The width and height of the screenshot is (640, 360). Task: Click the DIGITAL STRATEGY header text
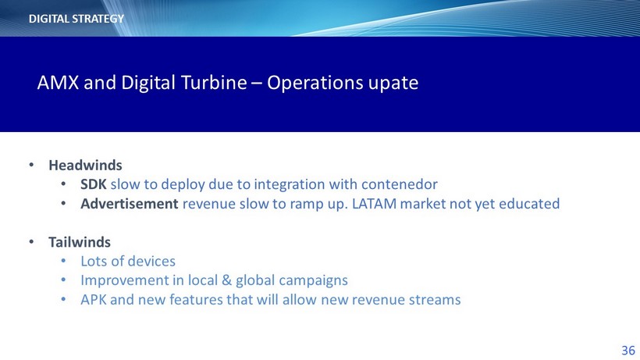pos(76,19)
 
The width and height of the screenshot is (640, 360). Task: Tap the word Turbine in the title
pos(214,83)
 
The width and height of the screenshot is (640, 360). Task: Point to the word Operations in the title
pos(315,84)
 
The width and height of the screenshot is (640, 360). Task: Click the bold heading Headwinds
pos(85,166)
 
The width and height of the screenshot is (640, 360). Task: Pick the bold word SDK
pos(94,184)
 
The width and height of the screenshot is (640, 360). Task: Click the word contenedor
pos(399,184)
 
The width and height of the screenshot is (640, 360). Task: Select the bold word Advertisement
pos(130,204)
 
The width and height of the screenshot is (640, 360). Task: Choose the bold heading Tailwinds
pos(80,242)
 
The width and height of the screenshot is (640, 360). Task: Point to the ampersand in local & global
pos(226,280)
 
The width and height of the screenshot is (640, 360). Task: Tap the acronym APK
pos(94,300)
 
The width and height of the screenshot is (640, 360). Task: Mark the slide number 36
pos(628,350)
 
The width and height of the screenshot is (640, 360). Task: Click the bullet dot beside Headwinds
pos(31,165)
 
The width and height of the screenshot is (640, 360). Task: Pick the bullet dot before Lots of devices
pos(63,261)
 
